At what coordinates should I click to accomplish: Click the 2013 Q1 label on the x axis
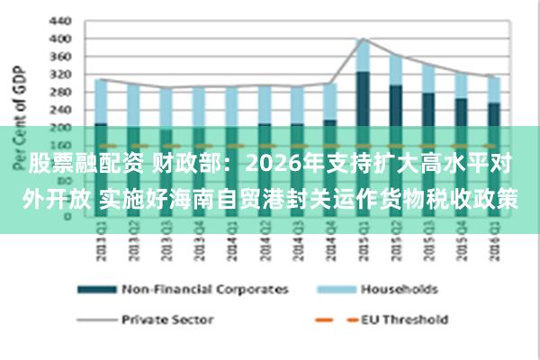coord(101,248)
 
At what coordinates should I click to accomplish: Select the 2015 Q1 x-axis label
coord(364,248)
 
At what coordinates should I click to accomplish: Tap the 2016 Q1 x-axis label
coord(494,248)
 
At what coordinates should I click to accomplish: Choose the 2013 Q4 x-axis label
coord(200,248)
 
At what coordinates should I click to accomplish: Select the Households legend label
coord(399,289)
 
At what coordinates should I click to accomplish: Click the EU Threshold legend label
coord(404,319)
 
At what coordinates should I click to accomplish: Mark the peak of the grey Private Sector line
coord(363,39)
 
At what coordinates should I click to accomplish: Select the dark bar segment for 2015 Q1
coord(363,99)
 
